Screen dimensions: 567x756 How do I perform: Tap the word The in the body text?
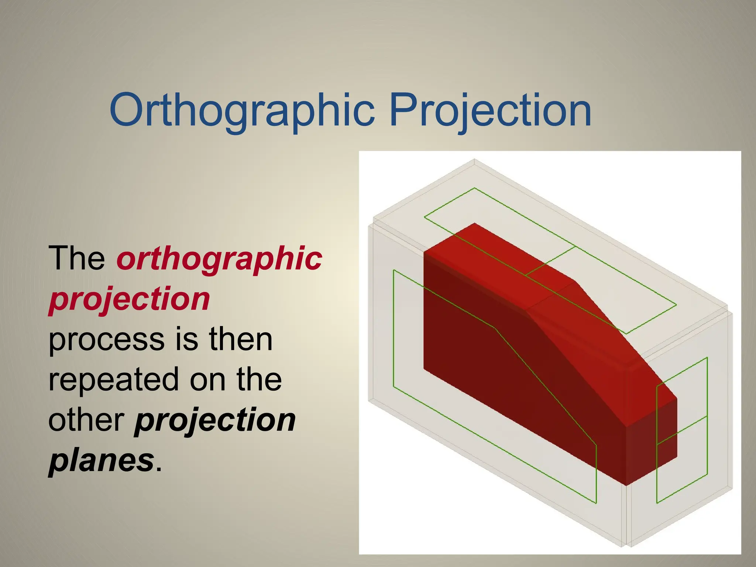[77, 258]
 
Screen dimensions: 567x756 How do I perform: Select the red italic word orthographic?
[219, 258]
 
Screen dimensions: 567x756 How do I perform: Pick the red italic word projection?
[129, 299]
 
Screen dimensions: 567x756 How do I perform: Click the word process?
[107, 339]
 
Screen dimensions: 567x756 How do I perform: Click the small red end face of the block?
[652, 443]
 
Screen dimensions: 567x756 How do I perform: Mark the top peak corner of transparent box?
[475, 159]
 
